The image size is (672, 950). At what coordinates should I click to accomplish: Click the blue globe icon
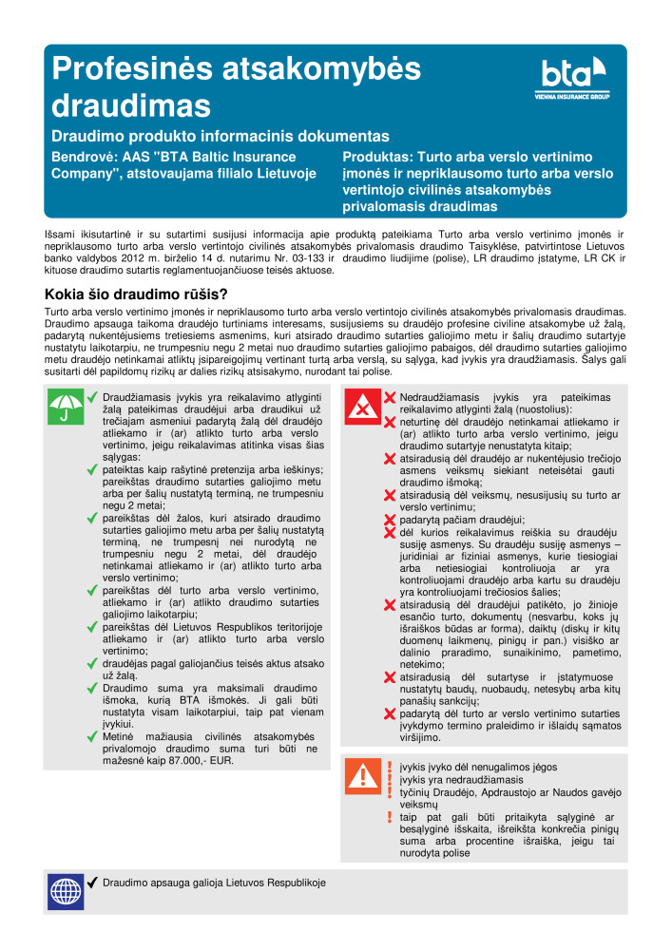pyautogui.click(x=64, y=891)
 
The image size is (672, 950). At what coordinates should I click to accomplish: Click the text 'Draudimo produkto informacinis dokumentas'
pyautogui.click(x=220, y=137)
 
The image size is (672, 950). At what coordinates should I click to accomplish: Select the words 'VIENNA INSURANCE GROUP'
pyautogui.click(x=572, y=96)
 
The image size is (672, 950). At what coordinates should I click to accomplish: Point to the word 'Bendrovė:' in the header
pyautogui.click(x=83, y=157)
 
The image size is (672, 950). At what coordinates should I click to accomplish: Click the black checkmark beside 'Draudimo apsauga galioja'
pyautogui.click(x=92, y=883)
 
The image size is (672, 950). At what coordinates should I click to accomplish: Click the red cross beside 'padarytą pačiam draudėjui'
pyautogui.click(x=389, y=520)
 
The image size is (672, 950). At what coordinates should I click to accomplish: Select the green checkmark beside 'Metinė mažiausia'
pyautogui.click(x=92, y=736)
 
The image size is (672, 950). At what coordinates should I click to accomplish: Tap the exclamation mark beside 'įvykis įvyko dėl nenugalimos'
pyautogui.click(x=389, y=766)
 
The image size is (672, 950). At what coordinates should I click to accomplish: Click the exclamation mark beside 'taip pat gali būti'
pyautogui.click(x=389, y=817)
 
